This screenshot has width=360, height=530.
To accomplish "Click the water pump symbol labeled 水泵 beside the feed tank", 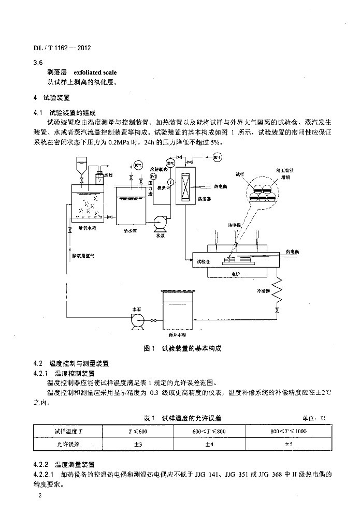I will click(x=159, y=223).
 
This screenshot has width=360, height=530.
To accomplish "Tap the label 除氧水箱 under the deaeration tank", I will click(x=88, y=227).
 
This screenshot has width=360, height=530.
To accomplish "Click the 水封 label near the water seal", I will click(x=108, y=175).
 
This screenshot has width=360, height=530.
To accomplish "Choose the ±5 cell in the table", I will click(x=289, y=444).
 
